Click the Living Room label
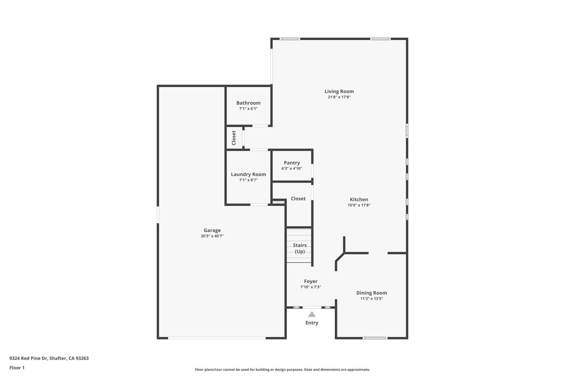tap(339, 91)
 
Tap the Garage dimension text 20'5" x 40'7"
tap(212, 236)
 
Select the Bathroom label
tap(248, 103)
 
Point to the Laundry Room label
tap(248, 174)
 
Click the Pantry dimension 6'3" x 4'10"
tap(292, 168)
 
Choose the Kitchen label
tap(359, 199)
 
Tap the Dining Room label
tap(372, 293)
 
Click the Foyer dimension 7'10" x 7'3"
tap(311, 287)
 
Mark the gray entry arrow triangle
tap(312, 314)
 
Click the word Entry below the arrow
tap(312, 323)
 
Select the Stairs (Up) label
tap(300, 248)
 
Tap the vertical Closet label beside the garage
tap(234, 138)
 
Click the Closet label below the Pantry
tap(298, 199)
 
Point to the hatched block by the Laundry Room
tap(278, 202)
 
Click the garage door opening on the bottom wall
tap(217, 338)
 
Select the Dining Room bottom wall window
tap(375, 338)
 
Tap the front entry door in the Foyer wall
tap(312, 307)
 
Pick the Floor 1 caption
tap(17, 368)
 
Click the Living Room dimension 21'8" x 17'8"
tap(339, 97)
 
